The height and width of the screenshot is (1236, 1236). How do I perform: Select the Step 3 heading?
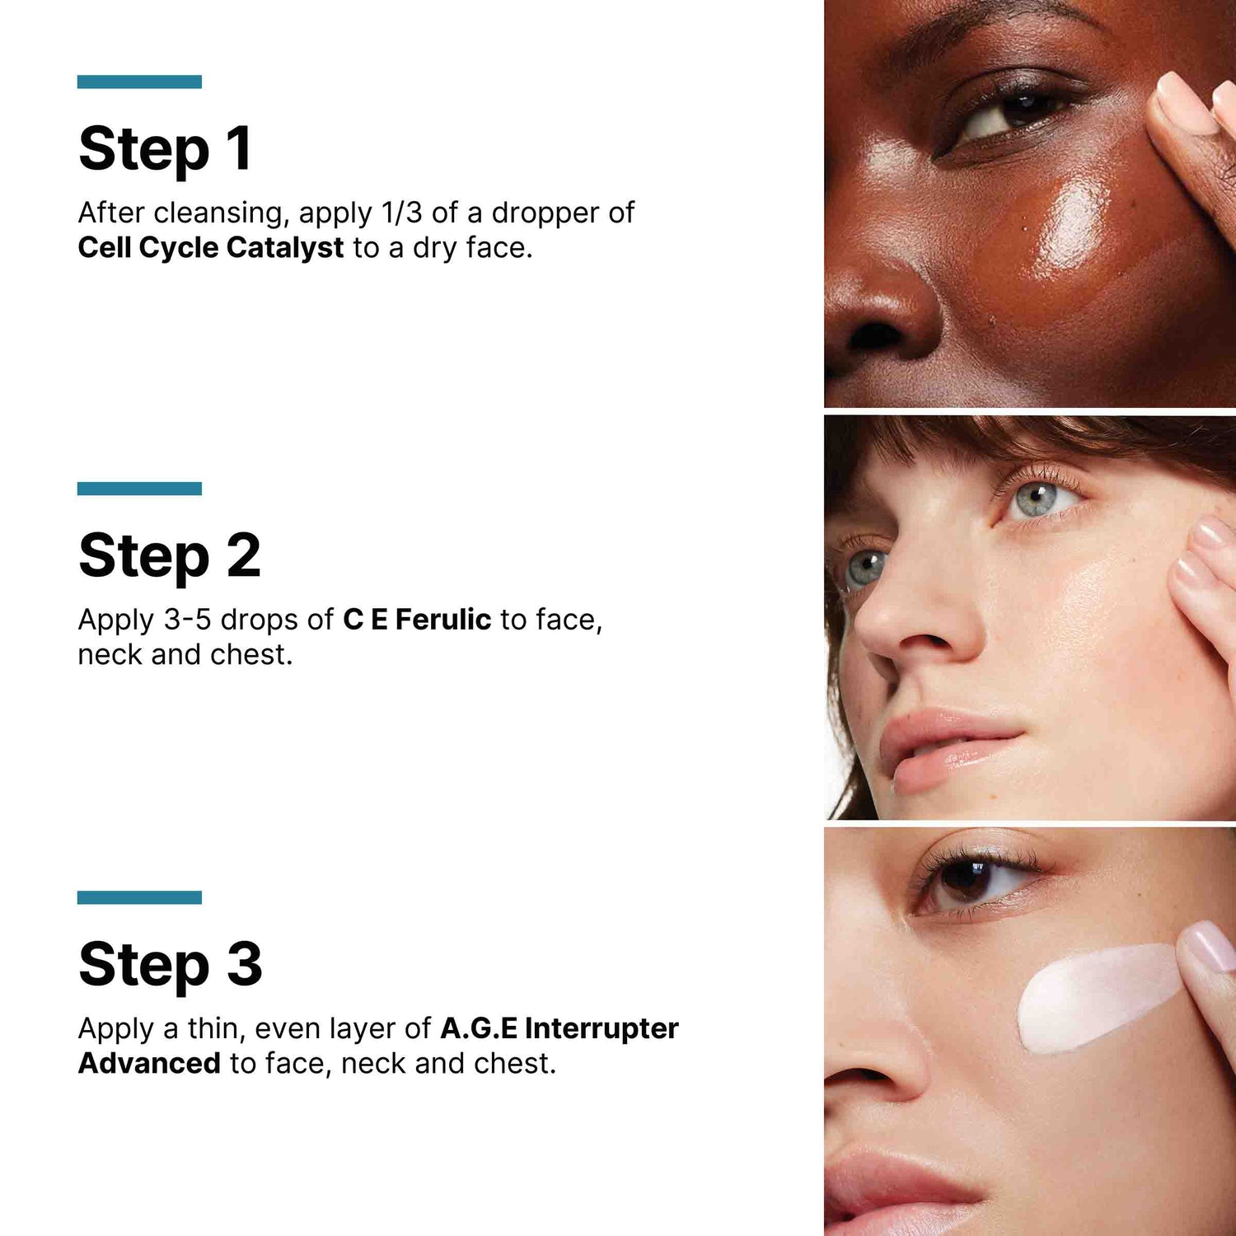tap(170, 964)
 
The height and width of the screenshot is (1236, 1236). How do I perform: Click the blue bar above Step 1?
tap(139, 82)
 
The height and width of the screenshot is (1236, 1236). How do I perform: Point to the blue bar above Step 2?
tap(139, 489)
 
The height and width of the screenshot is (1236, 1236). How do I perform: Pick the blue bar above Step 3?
tap(139, 897)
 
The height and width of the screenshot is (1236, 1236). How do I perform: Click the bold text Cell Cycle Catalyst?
tap(210, 247)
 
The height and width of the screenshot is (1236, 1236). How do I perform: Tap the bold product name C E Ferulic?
tap(417, 620)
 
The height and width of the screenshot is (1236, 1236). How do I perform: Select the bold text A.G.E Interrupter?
tap(559, 1028)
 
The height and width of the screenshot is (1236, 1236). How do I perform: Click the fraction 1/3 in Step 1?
tap(402, 213)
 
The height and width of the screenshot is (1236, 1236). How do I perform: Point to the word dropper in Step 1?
tap(545, 213)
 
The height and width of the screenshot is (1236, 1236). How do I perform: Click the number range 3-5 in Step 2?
tap(188, 620)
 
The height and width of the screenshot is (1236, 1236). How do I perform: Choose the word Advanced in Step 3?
tap(149, 1063)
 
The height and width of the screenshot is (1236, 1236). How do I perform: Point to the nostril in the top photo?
tap(875, 335)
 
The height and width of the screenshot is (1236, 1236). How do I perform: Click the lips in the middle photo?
tap(948, 746)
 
